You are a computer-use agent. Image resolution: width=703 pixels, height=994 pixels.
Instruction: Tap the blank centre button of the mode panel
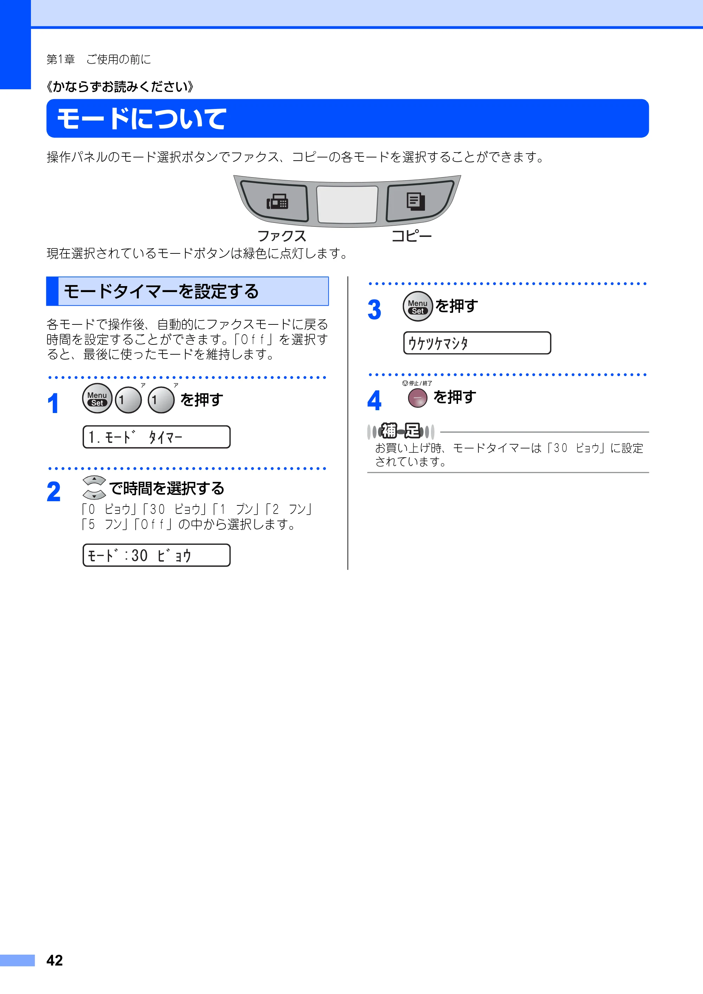pyautogui.click(x=347, y=204)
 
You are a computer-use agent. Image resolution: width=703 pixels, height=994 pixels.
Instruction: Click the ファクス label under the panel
pyautogui.click(x=282, y=236)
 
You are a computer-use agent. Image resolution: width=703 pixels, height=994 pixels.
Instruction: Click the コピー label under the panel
pyautogui.click(x=411, y=236)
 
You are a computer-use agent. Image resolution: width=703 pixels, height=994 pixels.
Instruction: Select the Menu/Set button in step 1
pyautogui.click(x=97, y=398)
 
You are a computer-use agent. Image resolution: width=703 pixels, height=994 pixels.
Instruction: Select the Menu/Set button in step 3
pyautogui.click(x=418, y=306)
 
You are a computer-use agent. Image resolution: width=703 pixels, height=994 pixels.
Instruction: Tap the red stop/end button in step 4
pyautogui.click(x=418, y=398)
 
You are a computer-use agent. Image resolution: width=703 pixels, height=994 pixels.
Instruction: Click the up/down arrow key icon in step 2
pyautogui.click(x=94, y=488)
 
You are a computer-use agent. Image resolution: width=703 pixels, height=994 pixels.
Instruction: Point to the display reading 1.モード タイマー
pyautogui.click(x=157, y=437)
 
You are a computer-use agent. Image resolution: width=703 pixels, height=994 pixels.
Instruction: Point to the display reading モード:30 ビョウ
pyautogui.click(x=157, y=555)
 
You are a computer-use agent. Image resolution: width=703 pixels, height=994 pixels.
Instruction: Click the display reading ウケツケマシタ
pyautogui.click(x=477, y=343)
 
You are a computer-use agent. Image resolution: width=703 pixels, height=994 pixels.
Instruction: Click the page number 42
pyautogui.click(x=54, y=960)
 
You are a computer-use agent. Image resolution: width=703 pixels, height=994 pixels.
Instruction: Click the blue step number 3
pyautogui.click(x=374, y=310)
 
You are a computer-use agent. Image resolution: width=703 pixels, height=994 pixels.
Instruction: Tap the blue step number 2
pyautogui.click(x=54, y=492)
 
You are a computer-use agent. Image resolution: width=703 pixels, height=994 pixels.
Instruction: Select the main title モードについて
pyautogui.click(x=142, y=118)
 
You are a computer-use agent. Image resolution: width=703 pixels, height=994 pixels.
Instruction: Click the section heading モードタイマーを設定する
pyautogui.click(x=161, y=291)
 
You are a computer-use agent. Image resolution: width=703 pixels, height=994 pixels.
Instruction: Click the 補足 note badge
pyautogui.click(x=400, y=431)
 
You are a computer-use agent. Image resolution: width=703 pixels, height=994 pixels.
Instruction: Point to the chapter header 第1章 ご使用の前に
pyautogui.click(x=99, y=59)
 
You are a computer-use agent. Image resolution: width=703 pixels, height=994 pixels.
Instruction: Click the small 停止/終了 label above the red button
pyautogui.click(x=417, y=383)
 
